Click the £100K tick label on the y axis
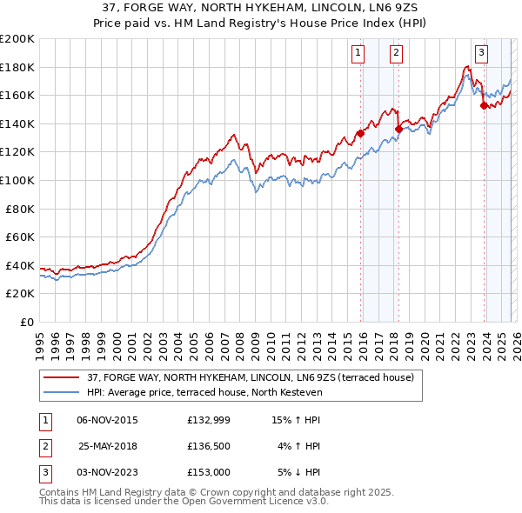coord(17,180)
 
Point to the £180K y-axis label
coord(17,67)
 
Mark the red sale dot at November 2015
coord(359,134)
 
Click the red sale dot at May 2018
coord(398,129)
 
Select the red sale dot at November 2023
coord(484,105)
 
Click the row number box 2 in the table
coord(43,446)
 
